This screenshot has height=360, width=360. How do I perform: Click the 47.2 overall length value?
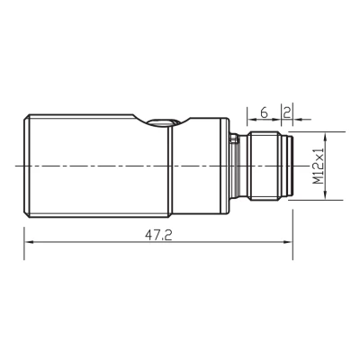[x=158, y=235]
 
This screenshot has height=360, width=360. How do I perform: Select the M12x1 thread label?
[x=319, y=166]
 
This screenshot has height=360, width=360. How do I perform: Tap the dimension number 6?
[x=264, y=112]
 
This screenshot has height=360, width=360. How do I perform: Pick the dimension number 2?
[x=287, y=112]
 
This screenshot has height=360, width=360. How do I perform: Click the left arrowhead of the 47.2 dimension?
[x=29, y=242]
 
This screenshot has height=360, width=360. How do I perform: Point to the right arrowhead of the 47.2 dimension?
[x=288, y=242]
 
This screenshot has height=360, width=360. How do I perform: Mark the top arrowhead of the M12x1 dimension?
[x=325, y=137]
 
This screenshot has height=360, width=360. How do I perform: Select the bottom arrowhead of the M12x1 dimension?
[x=325, y=194]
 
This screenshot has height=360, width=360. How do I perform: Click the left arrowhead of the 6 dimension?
[x=251, y=120]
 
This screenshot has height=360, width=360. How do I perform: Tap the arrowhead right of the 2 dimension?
[x=297, y=120]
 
